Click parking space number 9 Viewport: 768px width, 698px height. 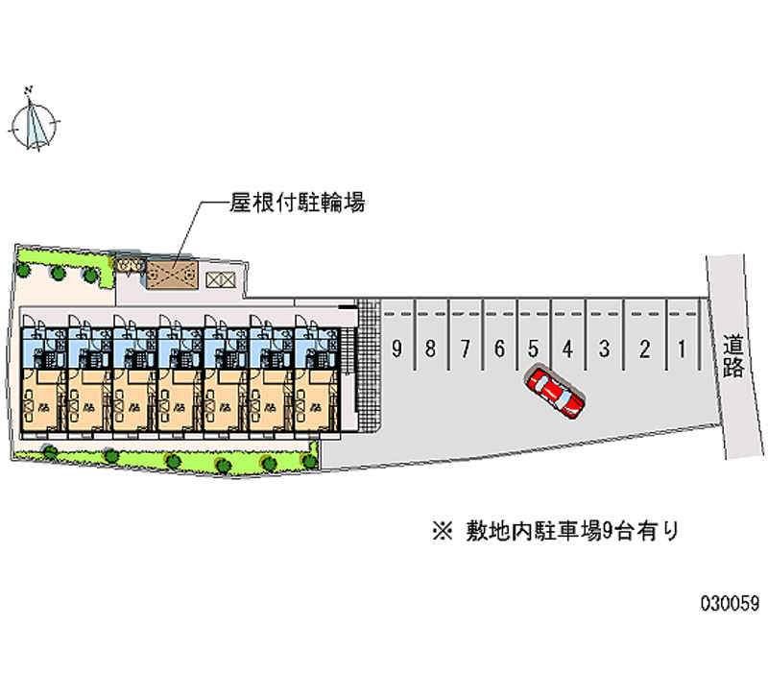click(x=396, y=349)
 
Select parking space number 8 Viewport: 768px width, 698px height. click(x=431, y=349)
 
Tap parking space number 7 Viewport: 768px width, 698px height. click(x=466, y=349)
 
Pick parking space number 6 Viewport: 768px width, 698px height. click(x=499, y=349)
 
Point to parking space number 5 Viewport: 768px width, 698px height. click(x=534, y=349)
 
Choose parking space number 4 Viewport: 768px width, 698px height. click(x=568, y=349)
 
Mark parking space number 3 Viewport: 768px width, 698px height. click(x=604, y=349)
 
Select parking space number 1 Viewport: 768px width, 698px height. click(x=681, y=349)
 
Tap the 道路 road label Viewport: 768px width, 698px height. click(x=733, y=355)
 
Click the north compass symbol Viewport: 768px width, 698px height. click(x=36, y=122)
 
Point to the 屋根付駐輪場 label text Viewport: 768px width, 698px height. click(x=297, y=204)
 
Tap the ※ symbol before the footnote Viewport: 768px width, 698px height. click(x=442, y=530)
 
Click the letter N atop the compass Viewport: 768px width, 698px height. click(x=30, y=90)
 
